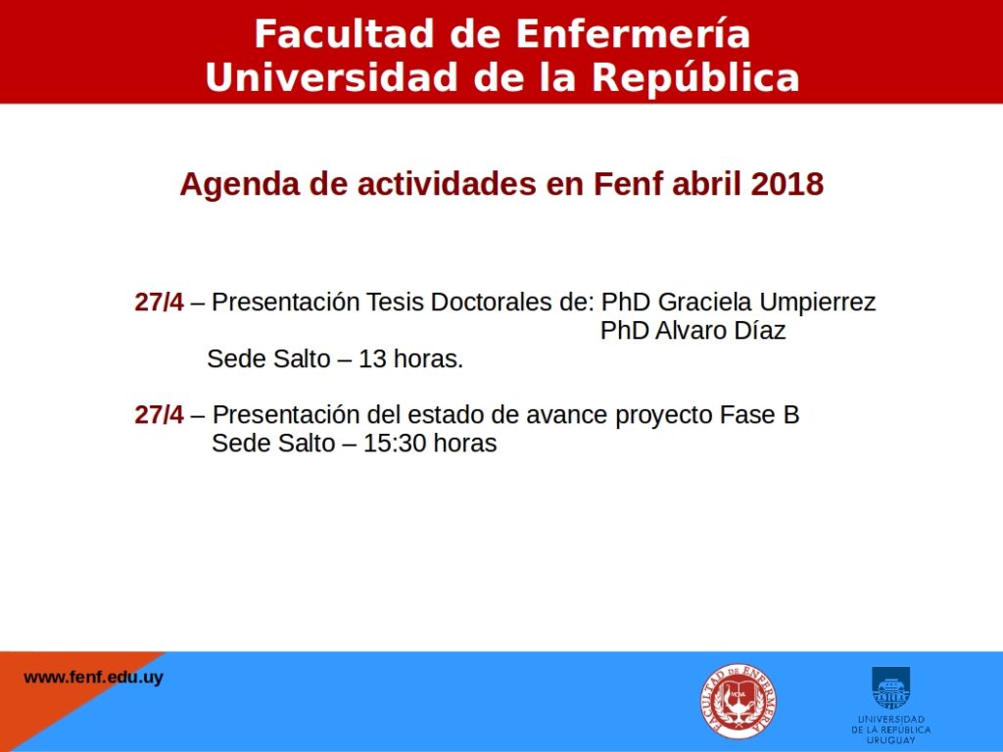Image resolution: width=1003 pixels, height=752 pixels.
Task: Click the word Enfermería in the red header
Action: (x=633, y=33)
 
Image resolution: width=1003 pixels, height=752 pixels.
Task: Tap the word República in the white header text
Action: (x=695, y=78)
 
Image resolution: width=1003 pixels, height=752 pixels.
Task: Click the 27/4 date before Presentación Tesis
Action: (x=159, y=302)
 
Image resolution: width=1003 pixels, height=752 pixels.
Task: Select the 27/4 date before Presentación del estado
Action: (x=159, y=415)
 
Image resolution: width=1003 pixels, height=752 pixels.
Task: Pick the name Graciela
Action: (x=704, y=302)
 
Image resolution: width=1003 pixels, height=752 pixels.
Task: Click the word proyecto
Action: (x=663, y=416)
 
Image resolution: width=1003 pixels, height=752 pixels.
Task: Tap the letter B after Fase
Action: (x=791, y=415)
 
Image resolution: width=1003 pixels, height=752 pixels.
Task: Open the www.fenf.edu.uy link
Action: (x=93, y=678)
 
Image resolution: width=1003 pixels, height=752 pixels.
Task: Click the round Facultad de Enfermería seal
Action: (x=739, y=701)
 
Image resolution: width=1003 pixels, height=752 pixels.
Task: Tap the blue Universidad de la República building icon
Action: (x=890, y=688)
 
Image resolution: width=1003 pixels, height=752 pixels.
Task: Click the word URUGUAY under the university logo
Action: (x=891, y=740)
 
